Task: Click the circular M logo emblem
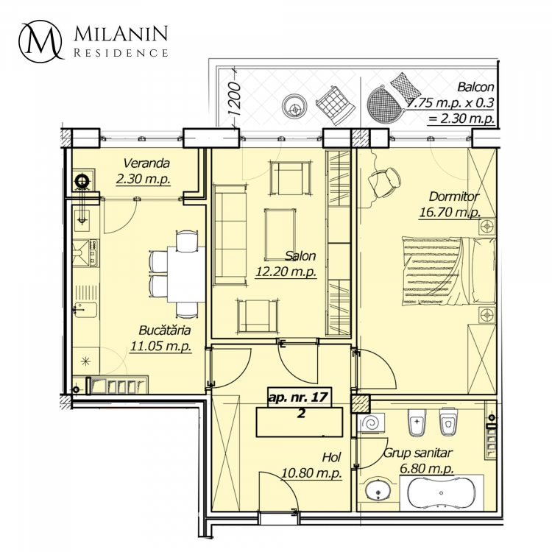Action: click(x=41, y=41)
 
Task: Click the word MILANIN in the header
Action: click(x=121, y=34)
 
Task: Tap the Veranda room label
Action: click(x=146, y=163)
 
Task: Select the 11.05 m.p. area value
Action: click(x=161, y=346)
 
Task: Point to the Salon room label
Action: click(x=300, y=255)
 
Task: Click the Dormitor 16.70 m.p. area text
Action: click(x=450, y=213)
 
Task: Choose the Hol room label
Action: click(x=331, y=457)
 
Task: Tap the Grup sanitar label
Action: click(x=417, y=453)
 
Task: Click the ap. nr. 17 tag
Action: click(x=299, y=397)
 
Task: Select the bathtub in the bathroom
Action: click(x=442, y=493)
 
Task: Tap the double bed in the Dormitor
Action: click(x=449, y=271)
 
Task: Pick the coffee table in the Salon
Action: click(x=280, y=235)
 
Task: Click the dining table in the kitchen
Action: click(x=186, y=275)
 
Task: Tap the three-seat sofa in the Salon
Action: click(x=230, y=235)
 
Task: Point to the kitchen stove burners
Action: click(x=93, y=252)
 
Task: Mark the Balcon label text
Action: click(x=475, y=87)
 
